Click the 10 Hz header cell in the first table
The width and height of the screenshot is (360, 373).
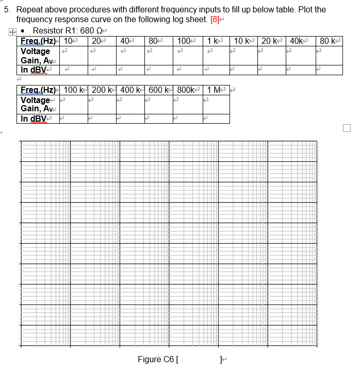click(x=68, y=41)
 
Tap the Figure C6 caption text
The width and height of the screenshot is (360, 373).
click(x=156, y=359)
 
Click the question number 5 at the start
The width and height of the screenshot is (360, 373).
click(x=6, y=10)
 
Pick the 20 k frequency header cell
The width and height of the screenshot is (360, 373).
click(x=271, y=41)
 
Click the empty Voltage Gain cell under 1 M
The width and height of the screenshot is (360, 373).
click(x=216, y=104)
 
